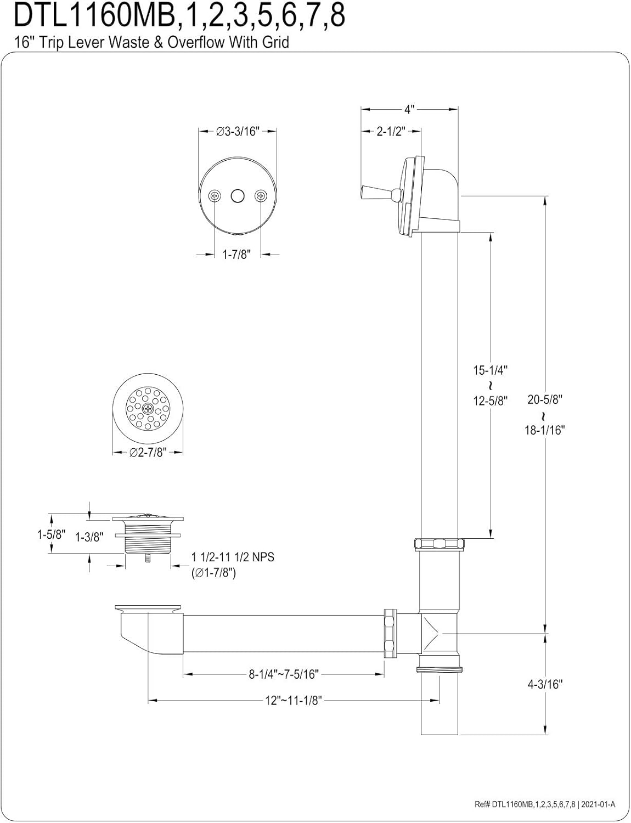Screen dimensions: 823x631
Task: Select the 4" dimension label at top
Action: click(409, 109)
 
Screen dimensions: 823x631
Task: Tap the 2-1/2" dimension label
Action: click(390, 132)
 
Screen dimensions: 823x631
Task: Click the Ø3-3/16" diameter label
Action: click(237, 132)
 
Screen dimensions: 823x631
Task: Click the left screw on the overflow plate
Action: click(215, 195)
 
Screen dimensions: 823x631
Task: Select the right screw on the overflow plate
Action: click(260, 195)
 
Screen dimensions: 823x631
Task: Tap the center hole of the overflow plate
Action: click(237, 195)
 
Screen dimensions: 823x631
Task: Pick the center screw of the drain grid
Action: click(148, 409)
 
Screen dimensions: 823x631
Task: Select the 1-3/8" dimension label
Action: click(89, 537)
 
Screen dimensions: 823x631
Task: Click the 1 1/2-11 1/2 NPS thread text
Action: click(233, 557)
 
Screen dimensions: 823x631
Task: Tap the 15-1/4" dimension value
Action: click(490, 370)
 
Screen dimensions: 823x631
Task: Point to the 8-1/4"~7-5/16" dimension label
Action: click(284, 674)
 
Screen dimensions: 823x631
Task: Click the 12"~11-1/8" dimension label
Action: click(294, 701)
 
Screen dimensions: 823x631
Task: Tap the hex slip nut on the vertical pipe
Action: click(439, 545)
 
